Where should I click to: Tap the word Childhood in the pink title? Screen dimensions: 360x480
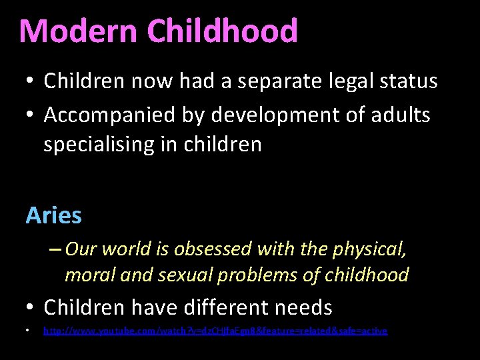[222, 31]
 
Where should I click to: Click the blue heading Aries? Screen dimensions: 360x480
[54, 215]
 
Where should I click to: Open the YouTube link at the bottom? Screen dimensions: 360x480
[215, 331]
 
